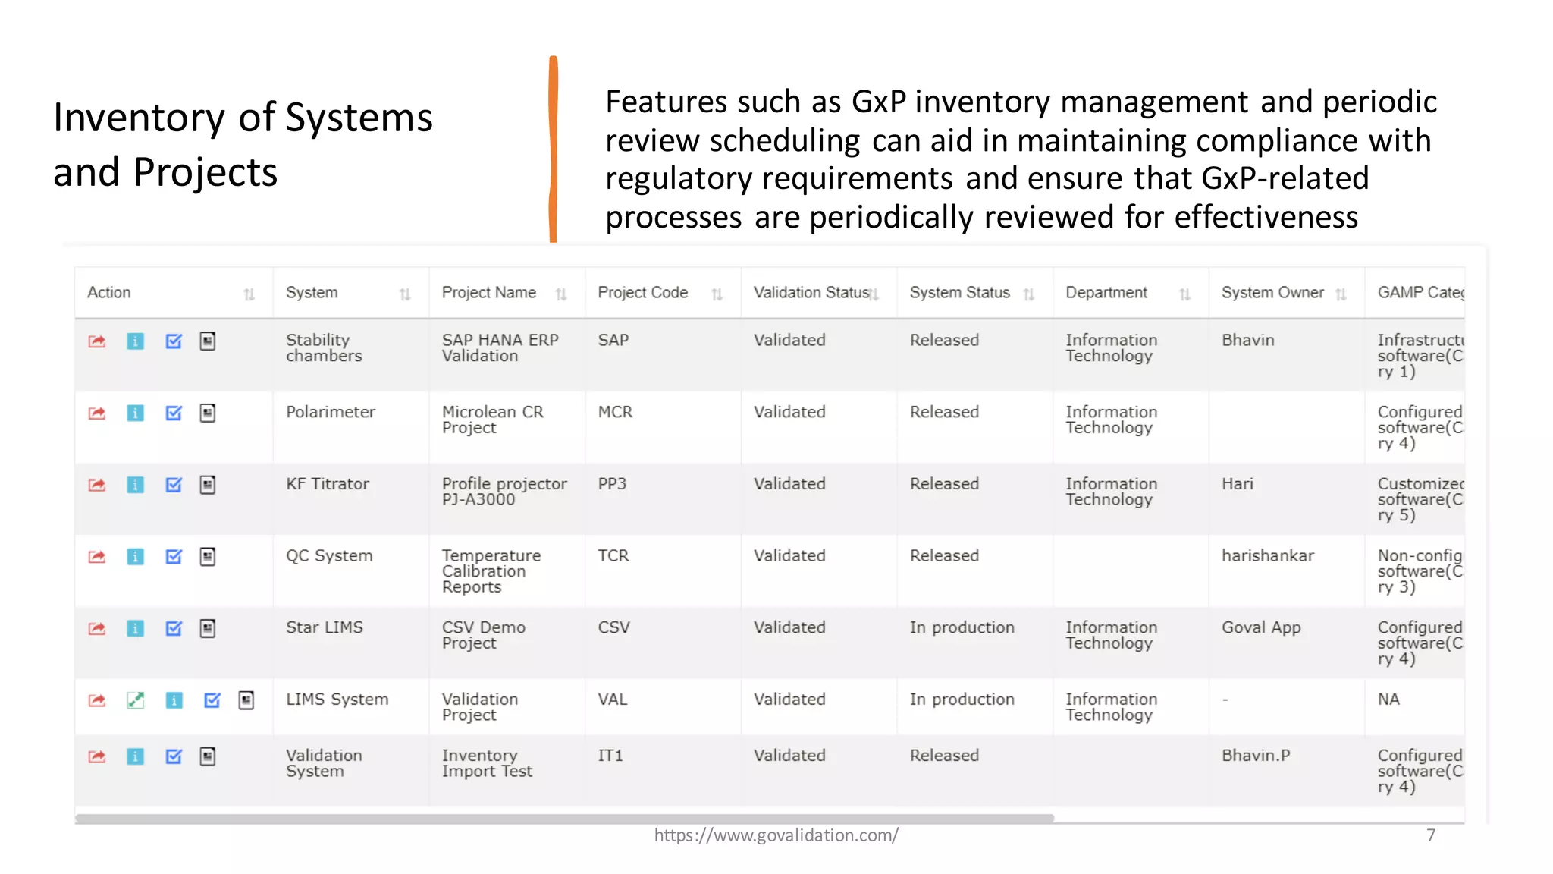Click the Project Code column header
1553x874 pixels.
tap(642, 293)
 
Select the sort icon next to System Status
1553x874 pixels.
tap(1028, 294)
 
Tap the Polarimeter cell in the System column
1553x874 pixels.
tap(331, 412)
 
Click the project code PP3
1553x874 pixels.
tap(612, 484)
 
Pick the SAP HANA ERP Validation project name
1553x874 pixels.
tap(500, 347)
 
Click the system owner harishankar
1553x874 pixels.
tap(1267, 555)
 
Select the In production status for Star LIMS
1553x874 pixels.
tap(962, 627)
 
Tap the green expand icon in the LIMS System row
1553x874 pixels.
tap(136, 700)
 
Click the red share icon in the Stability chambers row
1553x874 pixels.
tap(97, 341)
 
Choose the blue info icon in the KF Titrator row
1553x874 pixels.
tap(136, 485)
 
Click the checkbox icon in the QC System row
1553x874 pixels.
tap(174, 557)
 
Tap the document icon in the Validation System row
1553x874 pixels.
tap(208, 756)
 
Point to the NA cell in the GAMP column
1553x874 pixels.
tap(1388, 700)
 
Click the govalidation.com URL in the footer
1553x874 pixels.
tap(776, 835)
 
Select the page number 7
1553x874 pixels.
tap(1430, 835)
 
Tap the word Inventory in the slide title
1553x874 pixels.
tap(140, 118)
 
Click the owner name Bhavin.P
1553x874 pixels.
tap(1255, 756)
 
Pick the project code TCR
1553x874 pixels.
tap(613, 555)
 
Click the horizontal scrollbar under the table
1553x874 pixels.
tap(564, 819)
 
